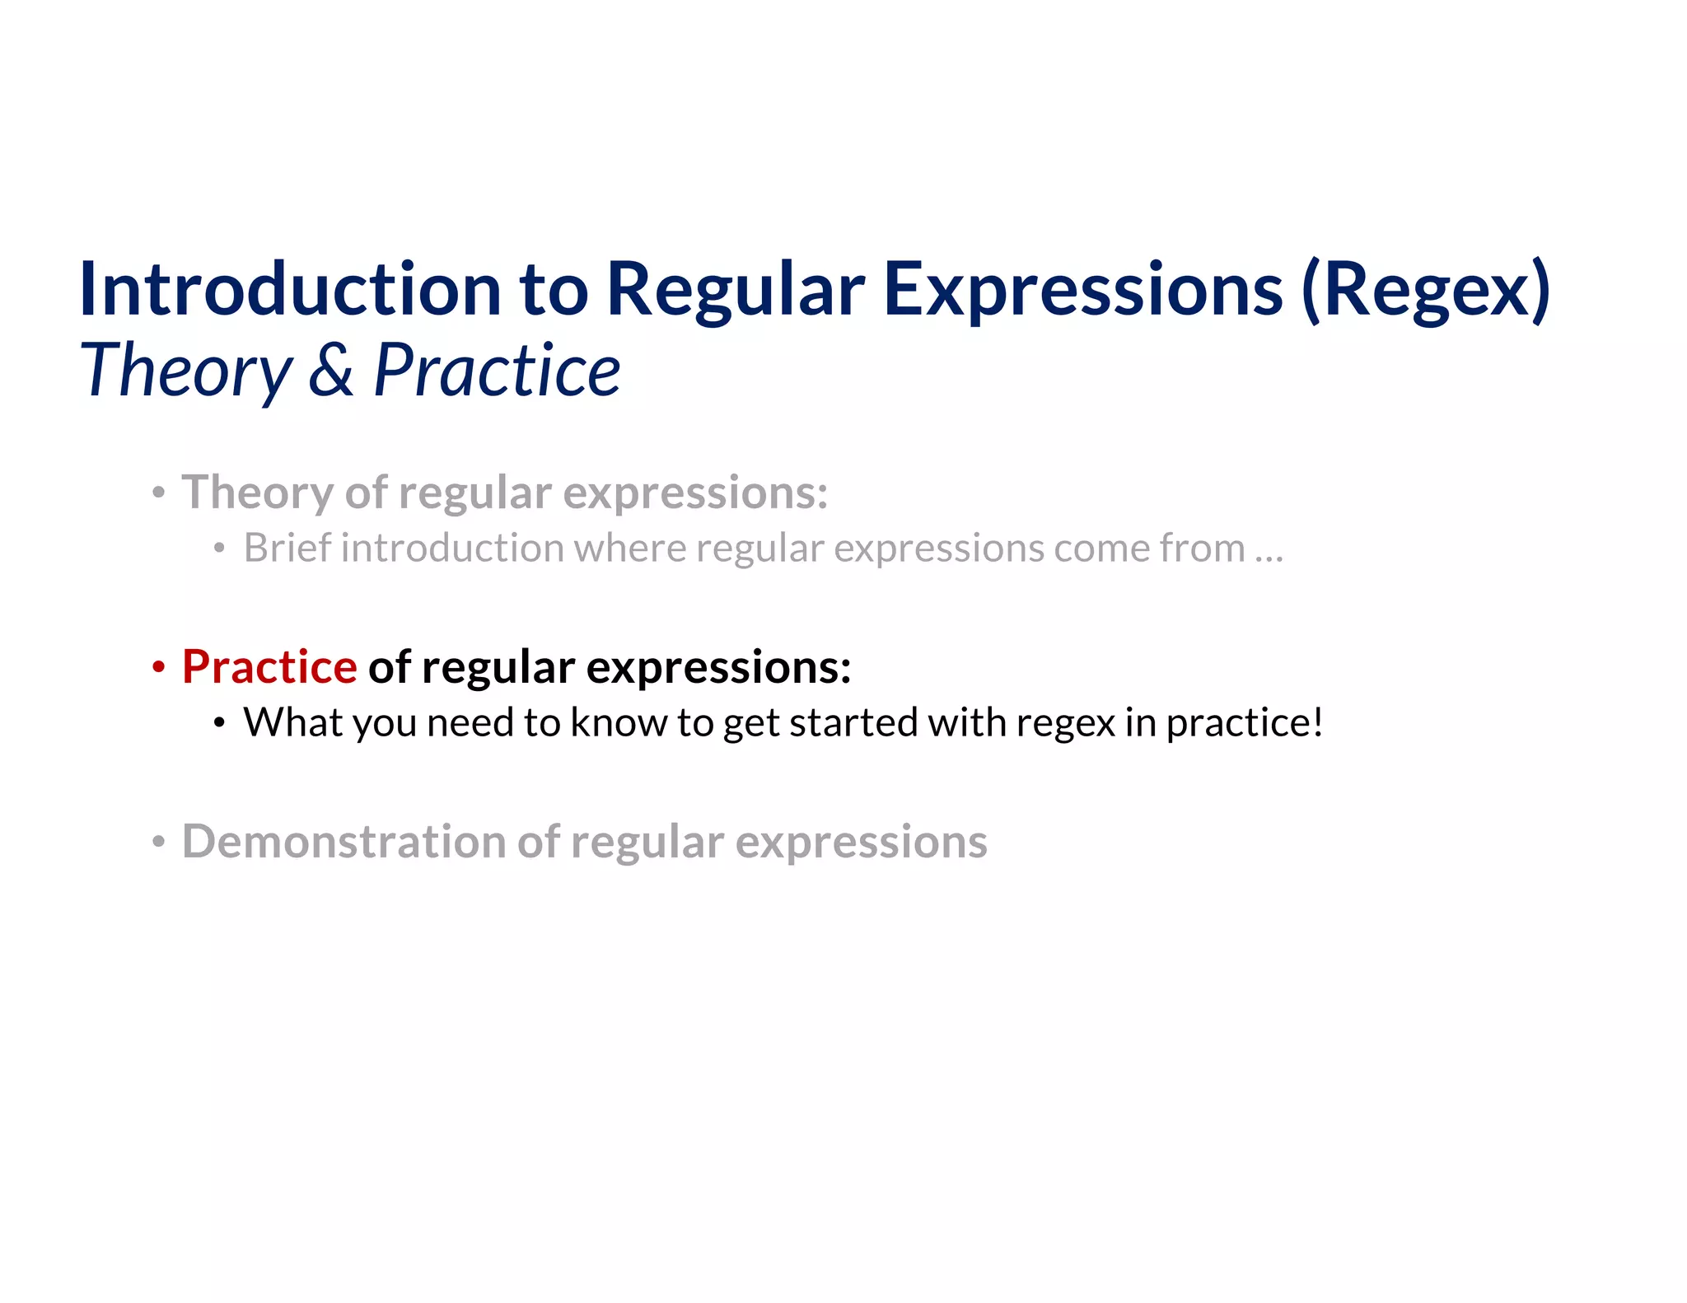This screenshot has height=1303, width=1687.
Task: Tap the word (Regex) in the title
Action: (x=1426, y=289)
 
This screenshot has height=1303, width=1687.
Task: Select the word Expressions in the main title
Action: (x=1082, y=289)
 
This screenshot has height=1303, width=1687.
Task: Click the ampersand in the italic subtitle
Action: (x=331, y=370)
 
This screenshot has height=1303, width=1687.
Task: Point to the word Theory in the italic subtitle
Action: (x=186, y=370)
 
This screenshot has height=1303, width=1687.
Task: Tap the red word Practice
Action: (x=269, y=666)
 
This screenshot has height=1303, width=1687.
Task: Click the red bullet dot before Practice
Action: (x=159, y=668)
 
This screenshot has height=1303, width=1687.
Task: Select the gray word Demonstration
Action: (x=343, y=841)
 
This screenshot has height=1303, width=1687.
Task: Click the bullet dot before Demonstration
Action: (x=159, y=843)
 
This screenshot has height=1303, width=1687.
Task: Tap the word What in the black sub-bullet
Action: (x=292, y=722)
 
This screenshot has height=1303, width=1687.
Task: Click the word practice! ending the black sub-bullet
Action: (x=1244, y=722)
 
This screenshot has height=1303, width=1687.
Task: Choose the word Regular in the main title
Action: (x=736, y=289)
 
